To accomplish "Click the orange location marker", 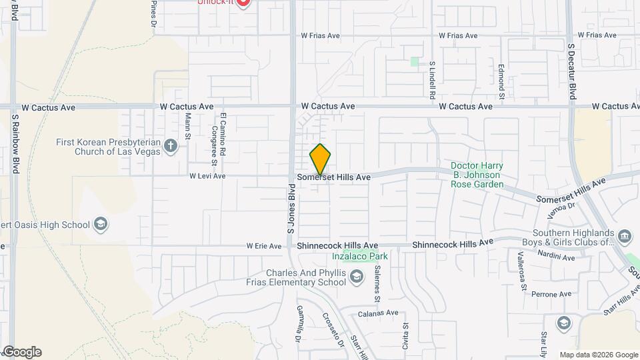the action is (321, 159).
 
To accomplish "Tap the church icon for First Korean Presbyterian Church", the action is (171, 146).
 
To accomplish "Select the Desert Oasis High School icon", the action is (101, 223).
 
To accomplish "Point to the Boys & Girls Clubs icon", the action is (625, 236).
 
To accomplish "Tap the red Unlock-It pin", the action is (243, 3).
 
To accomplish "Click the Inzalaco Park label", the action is (361, 256).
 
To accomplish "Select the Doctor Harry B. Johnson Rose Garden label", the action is (475, 175).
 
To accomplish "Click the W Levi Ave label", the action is (207, 177).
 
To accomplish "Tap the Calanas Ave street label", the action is (377, 313).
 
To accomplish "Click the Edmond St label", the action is (501, 79).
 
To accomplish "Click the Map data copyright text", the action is (598, 355).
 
